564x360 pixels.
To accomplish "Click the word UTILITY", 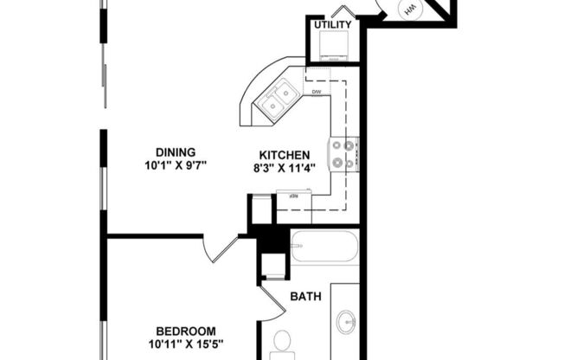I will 332,24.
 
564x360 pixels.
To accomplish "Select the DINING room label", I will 175,151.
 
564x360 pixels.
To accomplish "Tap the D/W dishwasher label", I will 317,92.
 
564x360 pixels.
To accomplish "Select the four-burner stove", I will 343,154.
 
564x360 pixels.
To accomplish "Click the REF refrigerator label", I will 294,196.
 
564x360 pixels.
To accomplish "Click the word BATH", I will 305,296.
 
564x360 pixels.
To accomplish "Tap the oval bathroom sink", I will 346,323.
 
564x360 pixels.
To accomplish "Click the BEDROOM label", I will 185,331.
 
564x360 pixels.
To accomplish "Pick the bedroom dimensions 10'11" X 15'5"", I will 185,344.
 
